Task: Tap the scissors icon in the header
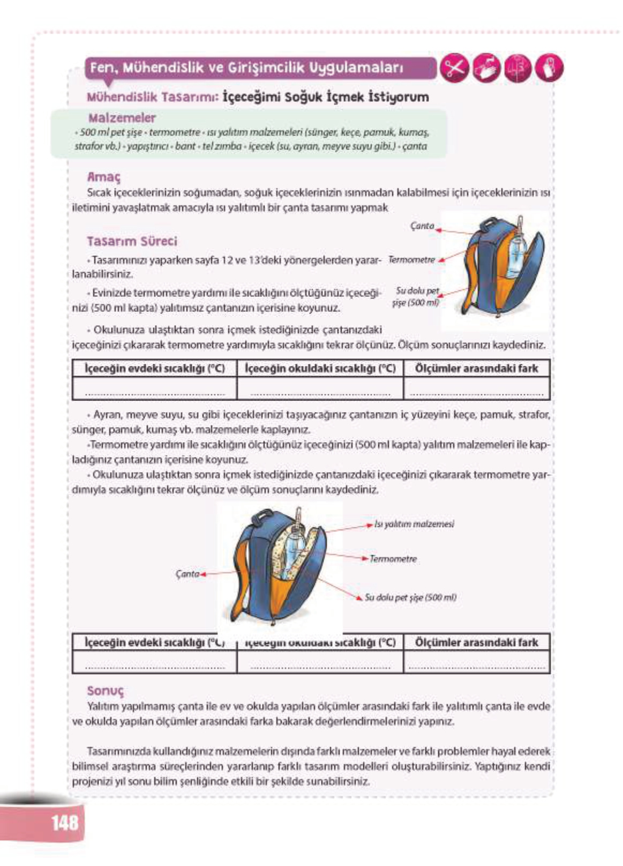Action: click(x=454, y=69)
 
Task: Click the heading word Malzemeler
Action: click(x=122, y=118)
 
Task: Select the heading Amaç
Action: click(x=103, y=177)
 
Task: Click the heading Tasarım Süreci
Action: click(x=132, y=241)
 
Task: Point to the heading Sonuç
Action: click(x=105, y=691)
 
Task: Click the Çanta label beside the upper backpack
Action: click(x=422, y=226)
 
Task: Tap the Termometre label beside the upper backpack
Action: click(x=411, y=260)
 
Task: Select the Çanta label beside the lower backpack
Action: click(x=187, y=574)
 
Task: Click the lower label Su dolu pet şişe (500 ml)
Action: click(x=410, y=598)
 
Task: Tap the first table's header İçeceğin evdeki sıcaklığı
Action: click(x=154, y=369)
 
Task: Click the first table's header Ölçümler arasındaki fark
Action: click(x=476, y=369)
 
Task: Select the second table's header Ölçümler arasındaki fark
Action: click(x=476, y=643)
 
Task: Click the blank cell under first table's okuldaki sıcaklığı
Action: click(x=320, y=389)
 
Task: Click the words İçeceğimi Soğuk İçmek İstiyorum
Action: click(x=325, y=97)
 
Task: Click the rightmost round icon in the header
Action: click(x=549, y=69)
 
